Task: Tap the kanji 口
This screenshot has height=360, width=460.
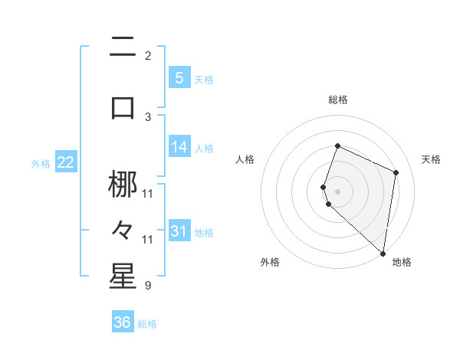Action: tap(123, 108)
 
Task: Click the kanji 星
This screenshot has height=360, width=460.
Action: tap(123, 277)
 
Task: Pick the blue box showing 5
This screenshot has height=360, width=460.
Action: tap(179, 77)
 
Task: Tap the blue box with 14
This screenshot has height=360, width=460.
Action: tap(179, 147)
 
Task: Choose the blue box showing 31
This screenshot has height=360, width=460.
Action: tap(179, 231)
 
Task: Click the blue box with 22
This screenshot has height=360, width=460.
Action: tap(65, 162)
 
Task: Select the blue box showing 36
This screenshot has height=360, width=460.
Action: tap(122, 322)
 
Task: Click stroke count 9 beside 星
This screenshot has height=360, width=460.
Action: tap(147, 286)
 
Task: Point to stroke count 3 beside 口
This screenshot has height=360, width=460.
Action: tap(147, 116)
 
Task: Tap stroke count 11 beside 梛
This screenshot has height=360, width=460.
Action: tap(147, 193)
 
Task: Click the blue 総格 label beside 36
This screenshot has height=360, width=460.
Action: tap(147, 324)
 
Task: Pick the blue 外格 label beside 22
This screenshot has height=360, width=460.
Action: tap(40, 163)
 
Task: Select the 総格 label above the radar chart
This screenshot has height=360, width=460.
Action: tap(337, 100)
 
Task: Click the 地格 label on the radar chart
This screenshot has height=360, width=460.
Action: tap(402, 262)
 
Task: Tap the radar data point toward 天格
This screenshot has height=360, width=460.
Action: tap(396, 172)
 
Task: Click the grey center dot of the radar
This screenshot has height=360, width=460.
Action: tap(337, 191)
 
